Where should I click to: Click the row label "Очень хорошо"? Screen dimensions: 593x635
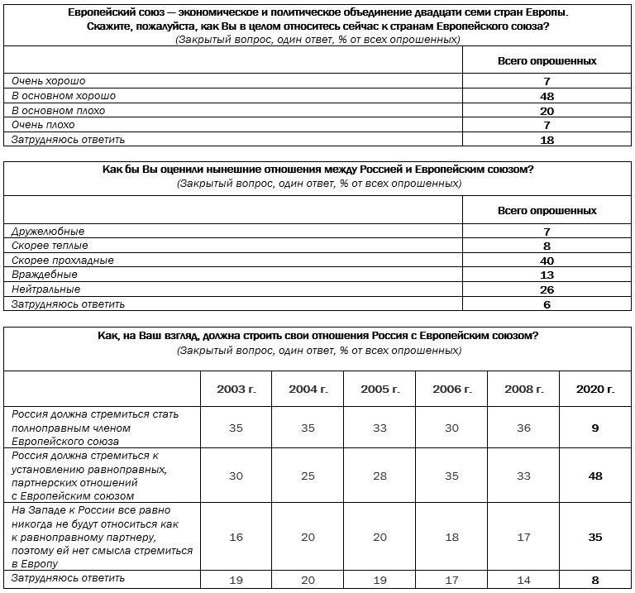click(48, 81)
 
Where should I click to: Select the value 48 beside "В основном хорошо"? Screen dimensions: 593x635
click(546, 96)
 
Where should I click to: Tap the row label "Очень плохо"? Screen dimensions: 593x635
click(43, 125)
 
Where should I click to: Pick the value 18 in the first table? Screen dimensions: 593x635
click(546, 140)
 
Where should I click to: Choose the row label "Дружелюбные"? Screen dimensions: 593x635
click(48, 232)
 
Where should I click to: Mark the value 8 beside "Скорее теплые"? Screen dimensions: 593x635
click(547, 246)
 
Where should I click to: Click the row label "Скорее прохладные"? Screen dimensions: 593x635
click(62, 261)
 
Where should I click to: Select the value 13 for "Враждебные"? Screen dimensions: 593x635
click(546, 275)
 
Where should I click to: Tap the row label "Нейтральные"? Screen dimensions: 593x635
click(45, 289)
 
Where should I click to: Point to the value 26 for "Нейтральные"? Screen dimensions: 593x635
click(546, 289)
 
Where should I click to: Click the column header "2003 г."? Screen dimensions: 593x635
click(236, 389)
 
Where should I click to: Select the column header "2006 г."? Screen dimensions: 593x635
click(452, 389)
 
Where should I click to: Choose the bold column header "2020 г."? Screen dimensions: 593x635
click(595, 389)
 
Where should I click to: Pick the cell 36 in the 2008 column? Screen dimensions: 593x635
click(524, 428)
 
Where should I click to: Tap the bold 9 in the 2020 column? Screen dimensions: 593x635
click(595, 428)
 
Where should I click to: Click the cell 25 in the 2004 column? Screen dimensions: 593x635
click(308, 476)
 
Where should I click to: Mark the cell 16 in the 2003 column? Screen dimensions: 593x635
click(236, 538)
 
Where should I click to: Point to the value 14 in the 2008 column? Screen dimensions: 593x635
click(524, 580)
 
